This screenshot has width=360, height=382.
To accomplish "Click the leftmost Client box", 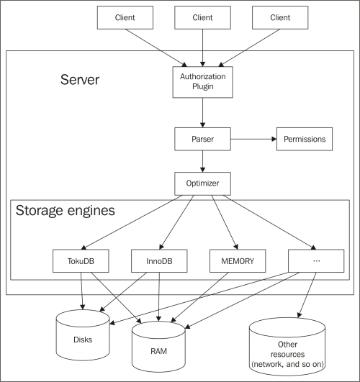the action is point(125,17).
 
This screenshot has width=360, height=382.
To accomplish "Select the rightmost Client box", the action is point(280,17).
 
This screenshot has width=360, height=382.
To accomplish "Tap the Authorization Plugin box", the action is point(203,82).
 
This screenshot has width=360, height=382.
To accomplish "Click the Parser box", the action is point(203,139).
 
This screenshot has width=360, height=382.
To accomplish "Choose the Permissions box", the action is point(305,139).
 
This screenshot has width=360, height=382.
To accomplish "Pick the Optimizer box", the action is point(203,183).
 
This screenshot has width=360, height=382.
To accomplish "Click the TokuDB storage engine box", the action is point(81,260).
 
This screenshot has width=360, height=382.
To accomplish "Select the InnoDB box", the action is point(159,260).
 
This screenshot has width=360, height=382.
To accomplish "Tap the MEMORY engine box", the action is point(238,260).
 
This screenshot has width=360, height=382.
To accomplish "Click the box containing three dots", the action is point(316,260).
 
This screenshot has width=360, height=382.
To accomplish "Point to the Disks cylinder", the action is point(83,335).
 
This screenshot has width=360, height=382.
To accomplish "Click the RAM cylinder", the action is point(158,347).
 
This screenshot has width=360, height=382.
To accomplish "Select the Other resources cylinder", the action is point(287,347).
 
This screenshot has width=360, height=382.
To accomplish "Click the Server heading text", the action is point(80,79).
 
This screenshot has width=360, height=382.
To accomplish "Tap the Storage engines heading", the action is point(65,211).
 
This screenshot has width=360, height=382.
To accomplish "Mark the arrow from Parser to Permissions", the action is point(253,139).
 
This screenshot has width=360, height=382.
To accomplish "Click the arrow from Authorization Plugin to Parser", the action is point(203,112).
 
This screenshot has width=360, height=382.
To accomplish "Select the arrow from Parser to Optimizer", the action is point(203,161).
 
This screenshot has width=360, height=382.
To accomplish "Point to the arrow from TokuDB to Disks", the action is point(81,291).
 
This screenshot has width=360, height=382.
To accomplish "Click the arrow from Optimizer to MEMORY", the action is point(225,222).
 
